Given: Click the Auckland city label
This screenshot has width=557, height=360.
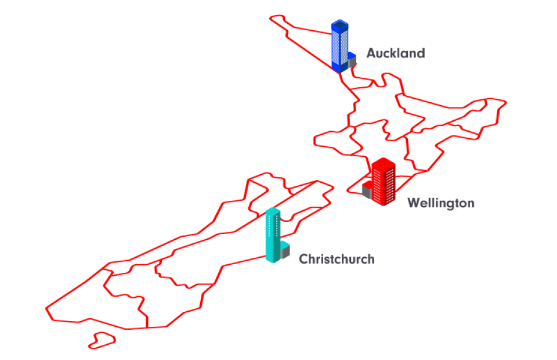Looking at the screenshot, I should point(395,53).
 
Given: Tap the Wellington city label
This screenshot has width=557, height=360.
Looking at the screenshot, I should point(440,203).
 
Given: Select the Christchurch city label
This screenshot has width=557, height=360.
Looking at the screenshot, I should point(337,259).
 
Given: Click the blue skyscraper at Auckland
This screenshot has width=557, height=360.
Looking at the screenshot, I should point(340,46).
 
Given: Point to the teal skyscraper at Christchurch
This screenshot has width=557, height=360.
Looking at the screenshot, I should point(273,235).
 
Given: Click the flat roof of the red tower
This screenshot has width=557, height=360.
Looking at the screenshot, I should point(384,163).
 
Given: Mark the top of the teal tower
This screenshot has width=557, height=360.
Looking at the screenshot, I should point(273,211).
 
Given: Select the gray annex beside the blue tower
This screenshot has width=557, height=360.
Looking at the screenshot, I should point(352,63).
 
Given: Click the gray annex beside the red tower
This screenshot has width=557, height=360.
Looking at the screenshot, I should point(367,190).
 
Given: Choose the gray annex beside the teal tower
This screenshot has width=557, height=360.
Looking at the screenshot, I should point(285,251).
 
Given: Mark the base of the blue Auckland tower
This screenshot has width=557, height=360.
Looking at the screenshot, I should point(339,68).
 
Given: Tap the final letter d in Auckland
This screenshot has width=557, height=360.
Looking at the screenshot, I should point(421,53).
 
